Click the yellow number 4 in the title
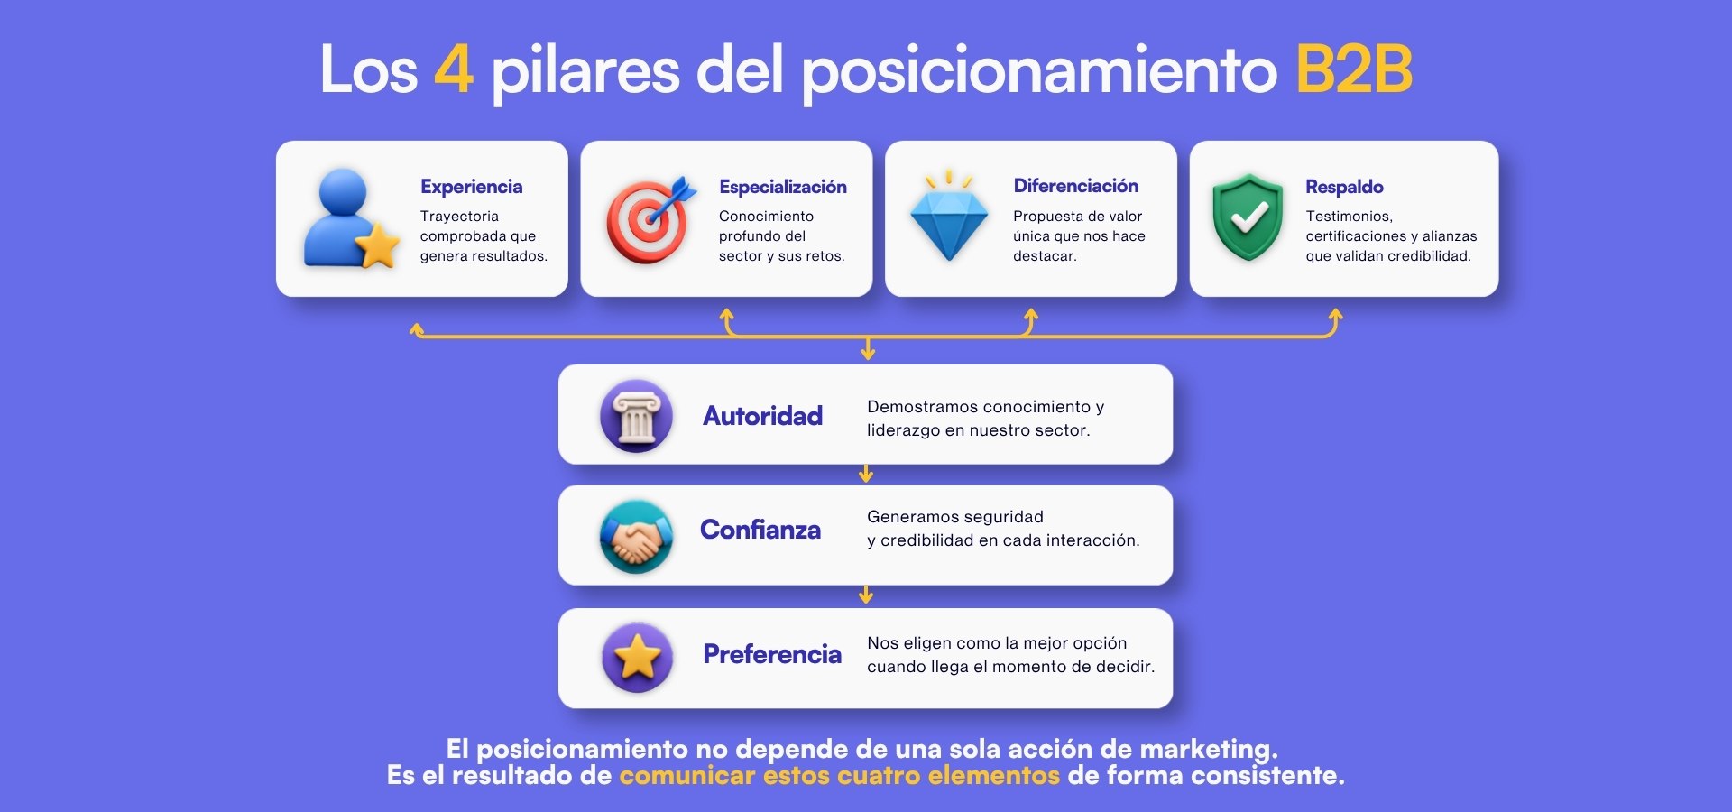click(x=454, y=69)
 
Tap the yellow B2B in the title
click(x=1354, y=69)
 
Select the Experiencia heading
click(x=471, y=187)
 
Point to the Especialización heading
click(x=783, y=187)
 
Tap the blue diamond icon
click(x=949, y=216)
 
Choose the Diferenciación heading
click(x=1075, y=186)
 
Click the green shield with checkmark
click(x=1248, y=217)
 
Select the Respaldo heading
click(x=1344, y=187)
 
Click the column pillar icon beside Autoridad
click(x=636, y=416)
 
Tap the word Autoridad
click(x=762, y=416)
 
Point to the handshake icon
click(x=636, y=537)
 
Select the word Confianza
click(x=760, y=530)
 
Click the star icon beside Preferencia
click(x=637, y=657)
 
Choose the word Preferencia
click(x=772, y=654)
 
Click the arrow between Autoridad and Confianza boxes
click(x=866, y=474)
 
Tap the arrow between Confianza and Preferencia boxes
click(x=866, y=595)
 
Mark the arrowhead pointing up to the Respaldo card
click(x=1335, y=315)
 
